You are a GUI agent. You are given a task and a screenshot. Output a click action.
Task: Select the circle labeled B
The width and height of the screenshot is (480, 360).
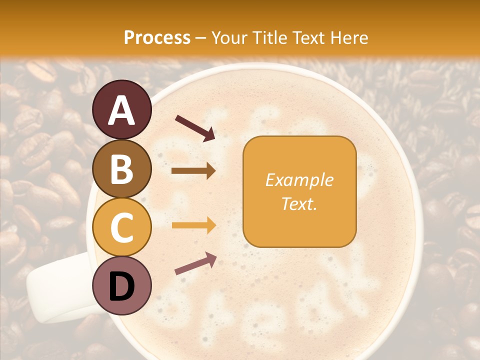pos(122,168)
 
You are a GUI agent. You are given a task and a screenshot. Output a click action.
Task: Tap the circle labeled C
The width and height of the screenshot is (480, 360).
pos(122,227)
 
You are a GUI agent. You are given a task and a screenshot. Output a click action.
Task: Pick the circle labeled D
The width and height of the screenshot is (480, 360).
pos(122,286)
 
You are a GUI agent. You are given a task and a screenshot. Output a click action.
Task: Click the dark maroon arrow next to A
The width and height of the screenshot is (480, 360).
pos(195,128)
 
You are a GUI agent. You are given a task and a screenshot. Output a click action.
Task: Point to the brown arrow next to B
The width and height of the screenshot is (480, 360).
pos(193,171)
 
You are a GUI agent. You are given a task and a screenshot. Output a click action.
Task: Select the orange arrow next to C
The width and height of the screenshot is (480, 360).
pos(193,225)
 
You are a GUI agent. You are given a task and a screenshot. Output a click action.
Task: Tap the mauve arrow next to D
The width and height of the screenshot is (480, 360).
pos(195,263)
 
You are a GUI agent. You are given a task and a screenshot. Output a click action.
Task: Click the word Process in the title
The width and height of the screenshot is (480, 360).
pos(157,38)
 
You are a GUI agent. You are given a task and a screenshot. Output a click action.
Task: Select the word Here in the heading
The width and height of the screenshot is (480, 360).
pos(349,38)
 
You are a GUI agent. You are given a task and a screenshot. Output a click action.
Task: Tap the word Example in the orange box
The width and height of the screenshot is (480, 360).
pos(299,180)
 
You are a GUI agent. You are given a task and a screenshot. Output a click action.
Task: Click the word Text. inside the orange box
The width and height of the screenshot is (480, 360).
pos(299,203)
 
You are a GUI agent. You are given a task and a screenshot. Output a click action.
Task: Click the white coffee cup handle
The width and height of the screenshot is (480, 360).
pos(55,290)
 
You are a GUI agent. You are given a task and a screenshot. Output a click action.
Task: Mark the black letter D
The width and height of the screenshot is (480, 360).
pos(122,286)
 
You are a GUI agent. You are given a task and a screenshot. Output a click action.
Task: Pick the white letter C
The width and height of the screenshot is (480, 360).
pos(122,228)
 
